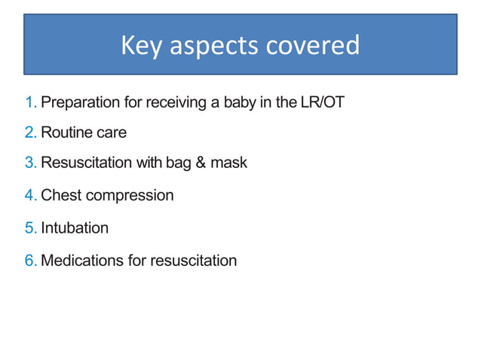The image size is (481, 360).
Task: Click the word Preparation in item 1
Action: click(79, 102)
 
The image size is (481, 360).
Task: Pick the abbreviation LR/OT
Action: click(322, 102)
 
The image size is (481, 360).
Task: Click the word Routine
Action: click(66, 133)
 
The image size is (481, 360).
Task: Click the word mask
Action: click(228, 163)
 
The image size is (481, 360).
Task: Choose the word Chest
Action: click(61, 196)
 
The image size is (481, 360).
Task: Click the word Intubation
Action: click(75, 227)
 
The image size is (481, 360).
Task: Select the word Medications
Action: click(83, 261)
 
